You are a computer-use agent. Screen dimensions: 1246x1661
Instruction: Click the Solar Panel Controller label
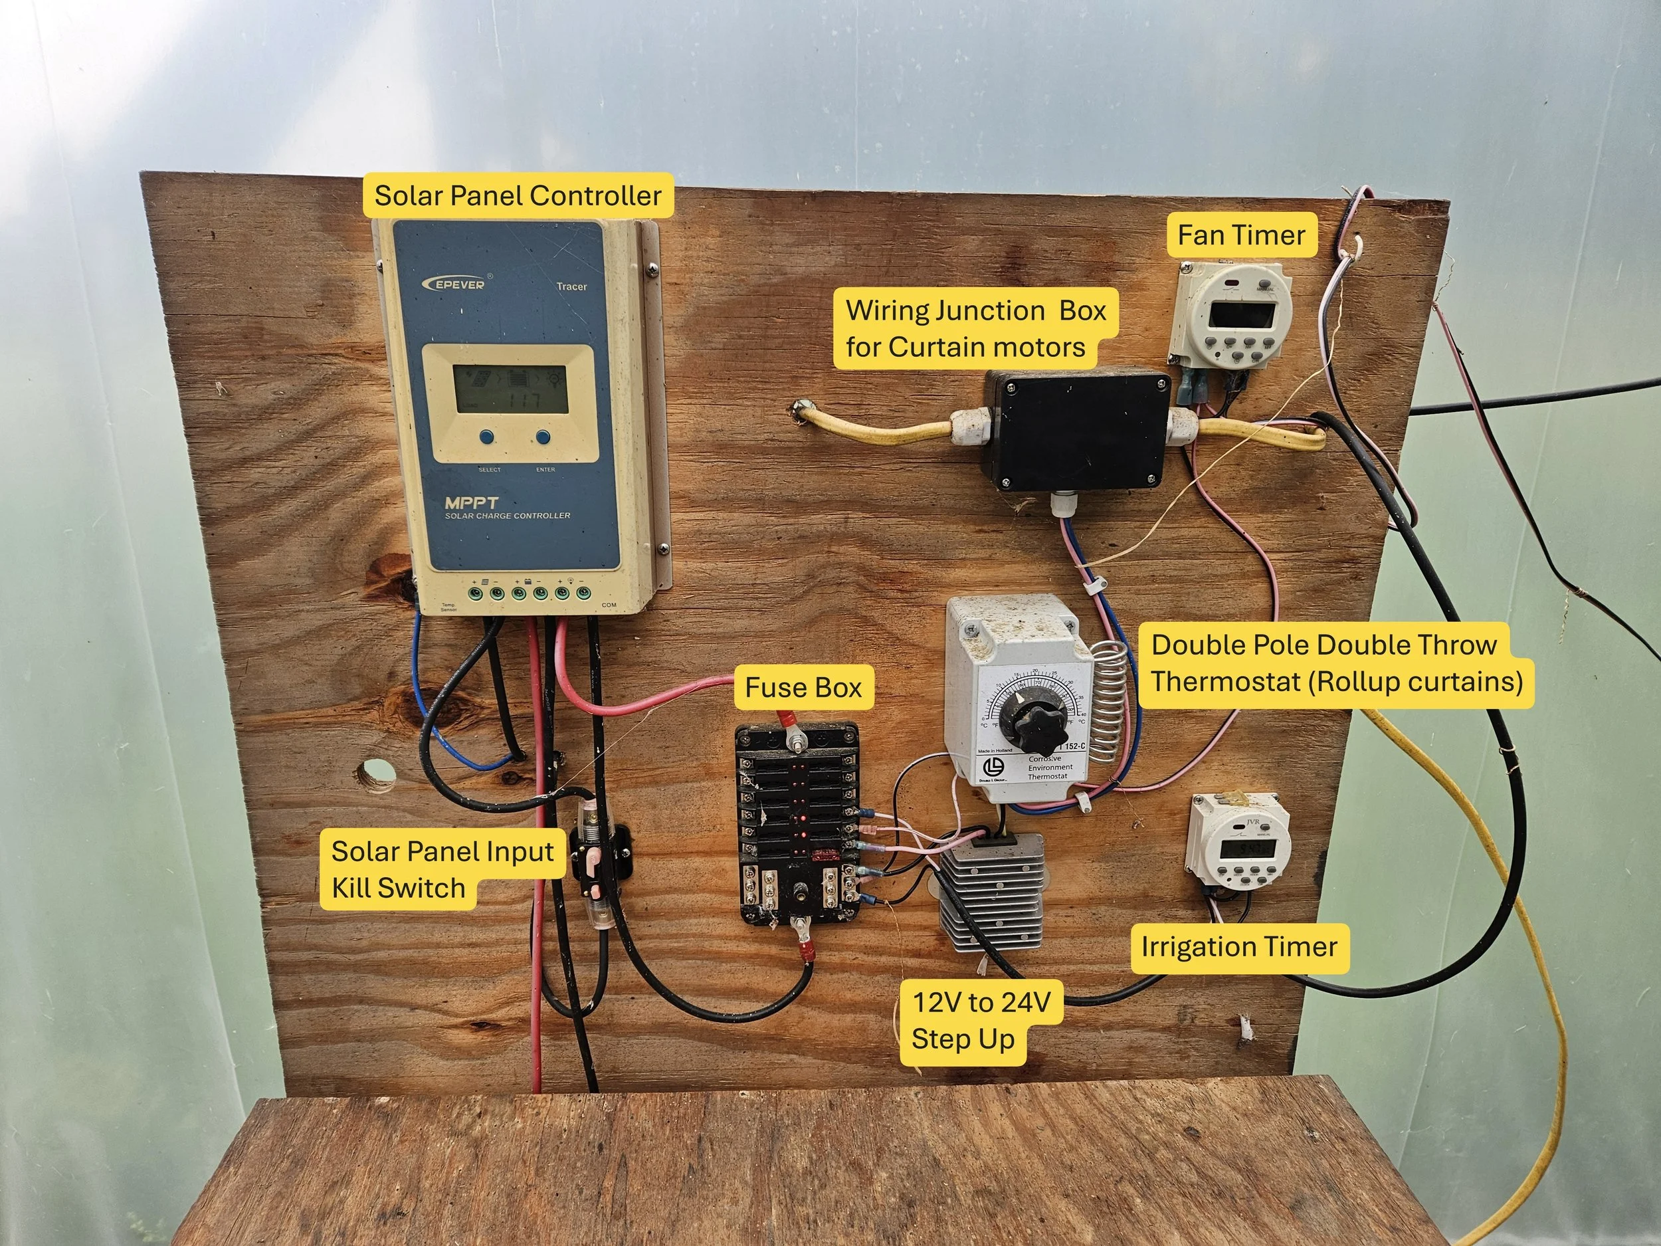click(x=518, y=195)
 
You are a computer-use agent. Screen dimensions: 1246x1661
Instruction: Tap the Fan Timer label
click(x=1240, y=235)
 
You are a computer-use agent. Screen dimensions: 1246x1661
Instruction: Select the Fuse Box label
click(x=803, y=687)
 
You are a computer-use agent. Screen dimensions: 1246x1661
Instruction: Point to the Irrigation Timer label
click(x=1239, y=946)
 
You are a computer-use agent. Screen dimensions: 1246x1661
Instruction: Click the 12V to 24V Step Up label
click(x=981, y=1021)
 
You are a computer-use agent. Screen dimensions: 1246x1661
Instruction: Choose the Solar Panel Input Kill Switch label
click(x=442, y=870)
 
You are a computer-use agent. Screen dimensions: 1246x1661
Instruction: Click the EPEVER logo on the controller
click(x=456, y=283)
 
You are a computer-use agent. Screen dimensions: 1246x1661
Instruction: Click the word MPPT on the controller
click(x=471, y=502)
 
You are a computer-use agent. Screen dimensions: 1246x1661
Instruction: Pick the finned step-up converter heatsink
click(x=991, y=894)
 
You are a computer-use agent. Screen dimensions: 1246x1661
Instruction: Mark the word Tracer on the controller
click(x=571, y=286)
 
